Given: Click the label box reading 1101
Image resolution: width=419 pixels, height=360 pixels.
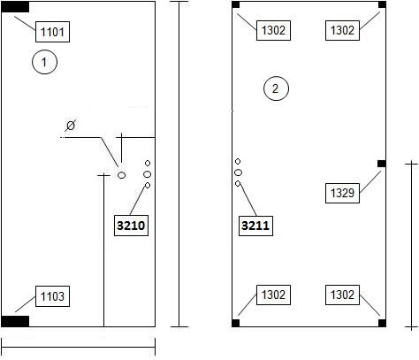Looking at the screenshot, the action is point(52,32).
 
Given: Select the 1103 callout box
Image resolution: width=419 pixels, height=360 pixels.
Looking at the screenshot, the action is point(52,296).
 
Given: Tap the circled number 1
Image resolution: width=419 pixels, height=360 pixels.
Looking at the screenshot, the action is point(44,62).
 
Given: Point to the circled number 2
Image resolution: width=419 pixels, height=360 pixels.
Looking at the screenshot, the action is point(276,88).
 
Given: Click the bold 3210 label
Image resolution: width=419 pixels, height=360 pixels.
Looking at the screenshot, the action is point(131,226).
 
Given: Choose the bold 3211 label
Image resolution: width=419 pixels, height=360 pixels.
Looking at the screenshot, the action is point(255,226).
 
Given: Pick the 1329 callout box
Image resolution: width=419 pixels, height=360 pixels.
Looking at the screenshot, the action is point(342,193).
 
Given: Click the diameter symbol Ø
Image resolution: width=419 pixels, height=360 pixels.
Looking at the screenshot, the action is point(71,126).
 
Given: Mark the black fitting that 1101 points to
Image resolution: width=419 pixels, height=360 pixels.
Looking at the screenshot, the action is point(15,7).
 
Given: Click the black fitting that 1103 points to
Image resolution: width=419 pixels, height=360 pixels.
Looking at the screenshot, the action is point(15,321).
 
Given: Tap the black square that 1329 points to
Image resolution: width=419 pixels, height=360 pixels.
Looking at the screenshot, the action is point(382,164).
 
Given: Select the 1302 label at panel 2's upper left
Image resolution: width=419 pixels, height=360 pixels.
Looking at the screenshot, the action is point(273,30).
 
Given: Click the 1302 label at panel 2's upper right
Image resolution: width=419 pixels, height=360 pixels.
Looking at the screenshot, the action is point(342,30).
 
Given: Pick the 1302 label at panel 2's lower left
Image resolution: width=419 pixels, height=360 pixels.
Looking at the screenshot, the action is point(273,295).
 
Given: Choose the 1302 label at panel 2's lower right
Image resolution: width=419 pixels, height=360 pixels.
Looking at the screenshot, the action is point(342,295).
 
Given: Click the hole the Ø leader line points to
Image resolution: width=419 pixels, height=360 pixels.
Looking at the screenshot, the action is point(121,175).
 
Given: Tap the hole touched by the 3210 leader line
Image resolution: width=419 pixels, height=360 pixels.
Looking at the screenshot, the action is point(148,185).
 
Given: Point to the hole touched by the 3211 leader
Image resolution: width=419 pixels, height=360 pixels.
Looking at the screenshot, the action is point(238,184).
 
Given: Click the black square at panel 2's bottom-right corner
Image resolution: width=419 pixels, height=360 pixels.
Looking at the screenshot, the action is point(382,323).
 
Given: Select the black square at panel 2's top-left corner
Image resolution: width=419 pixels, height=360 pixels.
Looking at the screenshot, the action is point(236,4).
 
